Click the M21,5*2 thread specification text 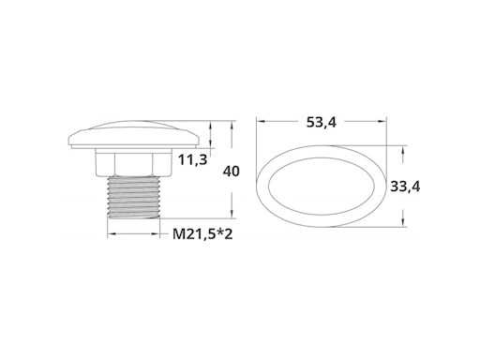pyautogui.click(x=202, y=234)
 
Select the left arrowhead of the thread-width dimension pyautogui.click(x=109, y=234)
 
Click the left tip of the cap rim pyautogui.click(x=69, y=142)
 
